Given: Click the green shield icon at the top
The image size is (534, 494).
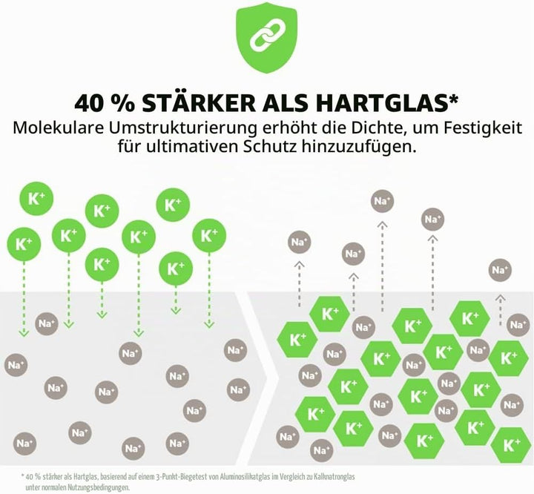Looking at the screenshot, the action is point(267,38).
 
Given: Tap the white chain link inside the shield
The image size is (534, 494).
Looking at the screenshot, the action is point(267,33).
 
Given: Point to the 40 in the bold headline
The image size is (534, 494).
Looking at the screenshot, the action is point(89,103).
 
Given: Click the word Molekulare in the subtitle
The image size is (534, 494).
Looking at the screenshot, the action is point(58,128).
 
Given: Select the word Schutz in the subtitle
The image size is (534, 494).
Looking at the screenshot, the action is point(269,147).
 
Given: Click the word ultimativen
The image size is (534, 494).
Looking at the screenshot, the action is point(192,147).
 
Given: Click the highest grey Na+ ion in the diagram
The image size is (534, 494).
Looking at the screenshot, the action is point(383,201).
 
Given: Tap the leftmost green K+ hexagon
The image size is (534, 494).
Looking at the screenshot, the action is point(297,340).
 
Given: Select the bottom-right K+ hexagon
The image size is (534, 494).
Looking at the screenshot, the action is point(512,445).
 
